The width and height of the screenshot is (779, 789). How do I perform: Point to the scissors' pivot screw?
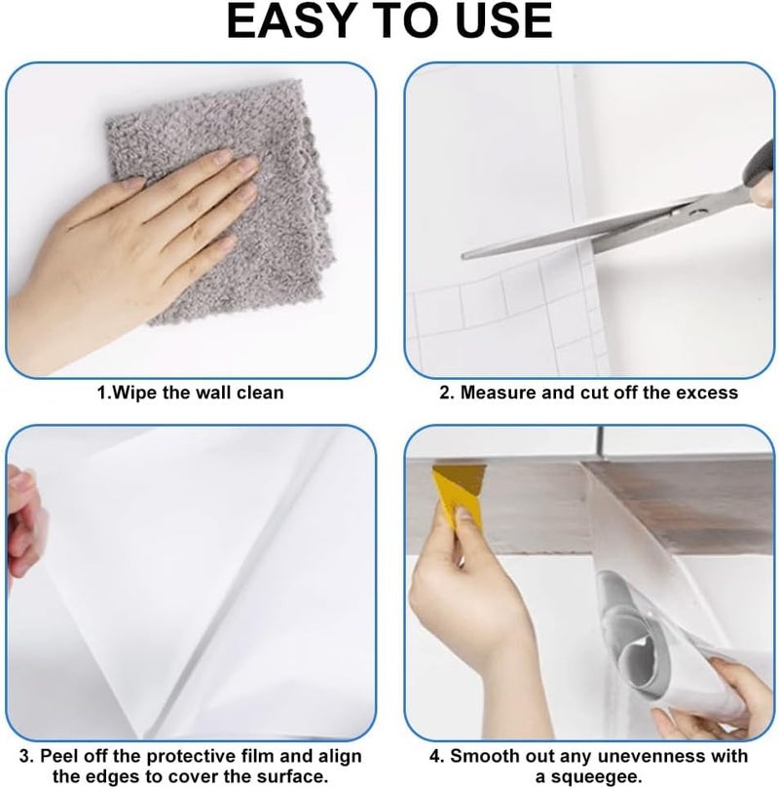coord(695,213)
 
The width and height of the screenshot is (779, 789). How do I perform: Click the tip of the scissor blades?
coord(463,255)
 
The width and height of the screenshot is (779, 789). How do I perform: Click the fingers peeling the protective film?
coord(22,523)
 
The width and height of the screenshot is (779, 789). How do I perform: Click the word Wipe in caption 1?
coord(134,393)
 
